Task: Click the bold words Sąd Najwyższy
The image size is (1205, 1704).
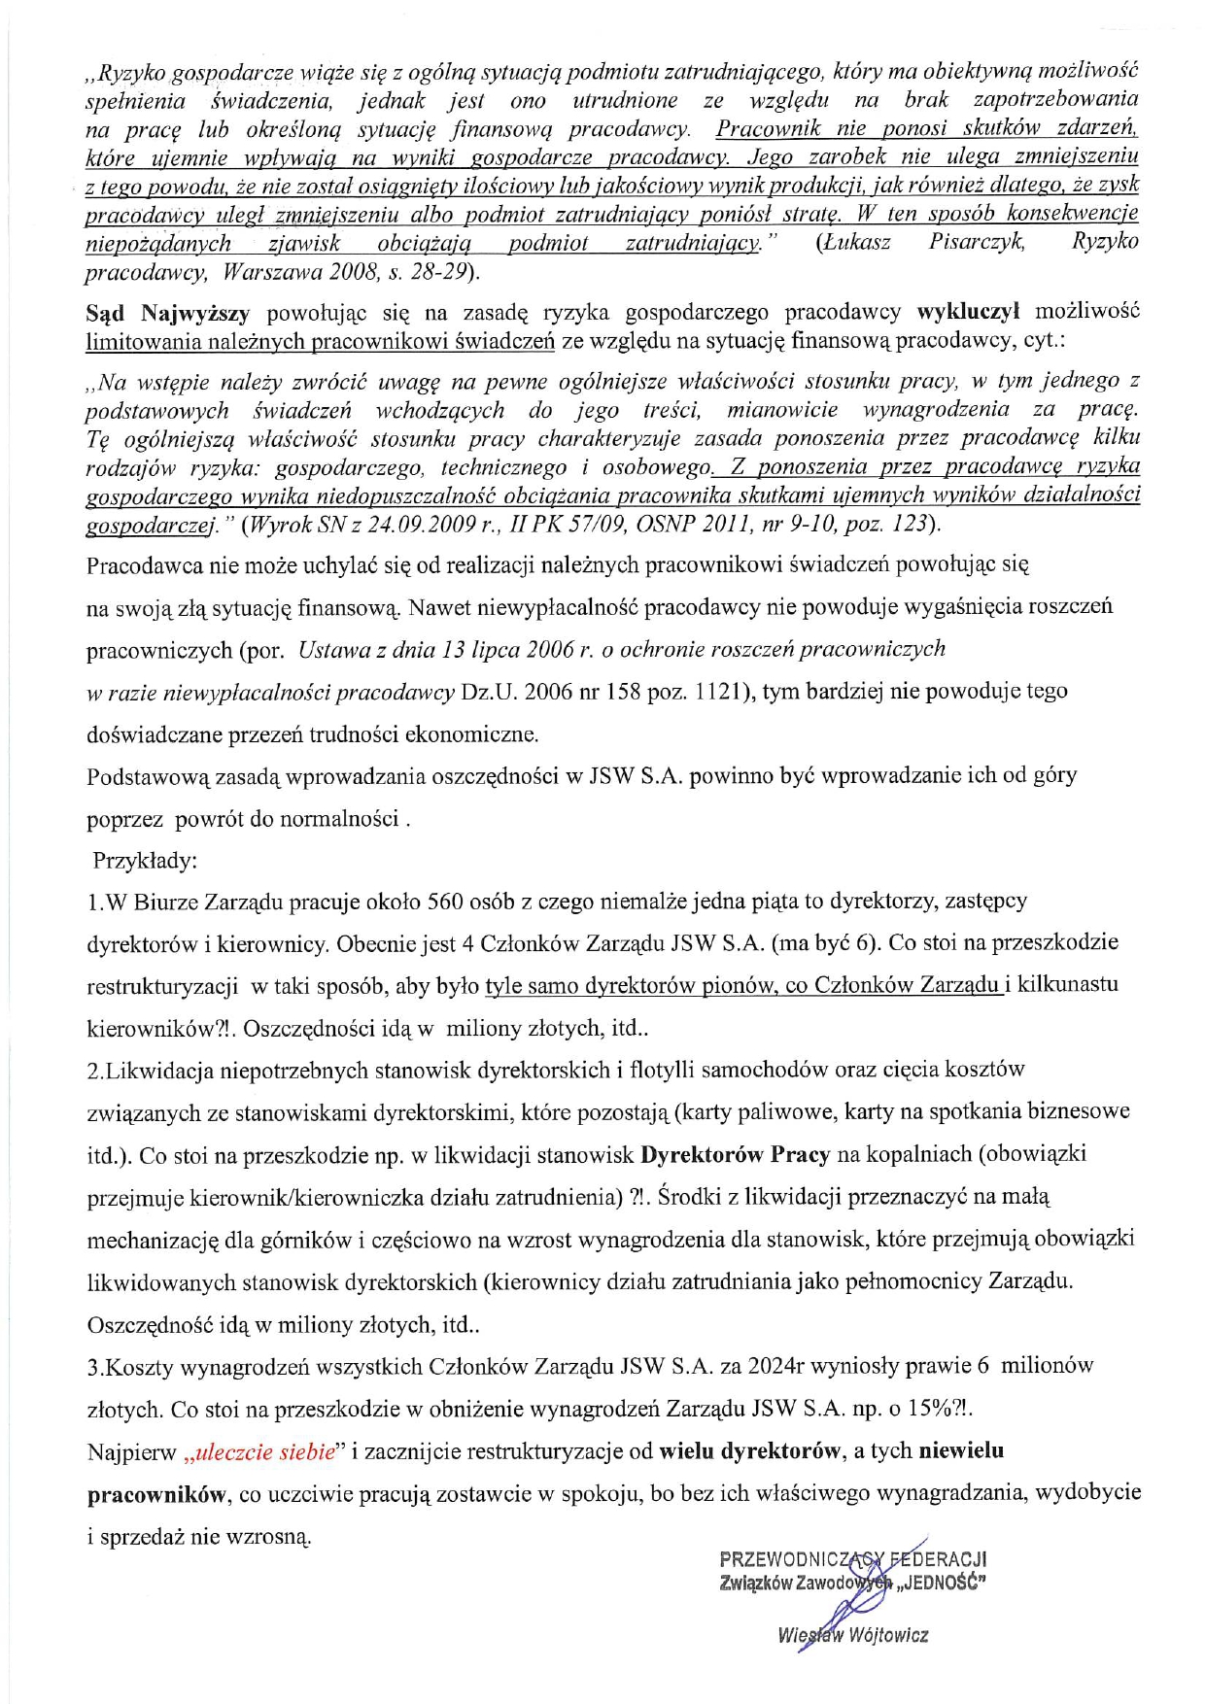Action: (x=168, y=313)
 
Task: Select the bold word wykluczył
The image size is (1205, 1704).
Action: (x=968, y=312)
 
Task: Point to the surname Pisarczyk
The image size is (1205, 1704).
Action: (x=977, y=242)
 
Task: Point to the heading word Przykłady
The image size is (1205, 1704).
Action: (x=145, y=861)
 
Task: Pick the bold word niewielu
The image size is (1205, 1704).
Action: (x=961, y=1451)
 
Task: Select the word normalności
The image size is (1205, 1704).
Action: (x=339, y=819)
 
